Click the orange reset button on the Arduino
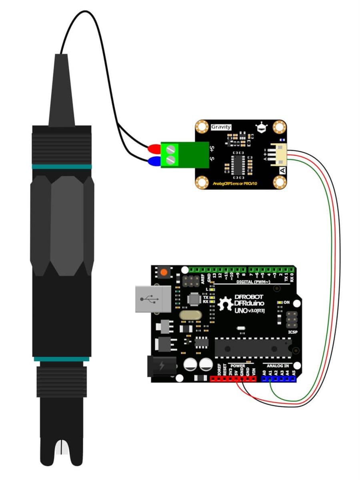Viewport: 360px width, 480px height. click(x=163, y=273)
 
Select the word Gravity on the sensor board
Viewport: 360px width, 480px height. click(x=221, y=127)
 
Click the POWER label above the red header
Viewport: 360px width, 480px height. click(x=238, y=366)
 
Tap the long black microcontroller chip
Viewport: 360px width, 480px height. click(x=253, y=348)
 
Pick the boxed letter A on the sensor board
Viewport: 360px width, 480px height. click(x=282, y=170)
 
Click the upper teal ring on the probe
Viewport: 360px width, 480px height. click(x=62, y=166)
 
